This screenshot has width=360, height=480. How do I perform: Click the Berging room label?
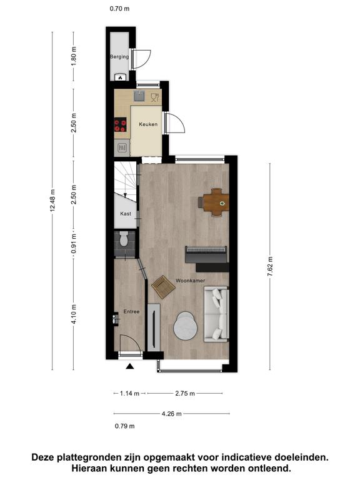[119, 57]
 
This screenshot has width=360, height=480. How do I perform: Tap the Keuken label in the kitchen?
[148, 124]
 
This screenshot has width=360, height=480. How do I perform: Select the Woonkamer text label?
[190, 281]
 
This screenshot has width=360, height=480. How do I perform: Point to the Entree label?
[131, 312]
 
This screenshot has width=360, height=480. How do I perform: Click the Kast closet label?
[126, 214]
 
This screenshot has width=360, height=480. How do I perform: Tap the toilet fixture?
[124, 239]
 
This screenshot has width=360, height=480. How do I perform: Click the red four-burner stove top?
[120, 125]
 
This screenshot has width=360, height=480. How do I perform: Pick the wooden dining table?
[216, 202]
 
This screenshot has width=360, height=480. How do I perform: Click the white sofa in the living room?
[216, 314]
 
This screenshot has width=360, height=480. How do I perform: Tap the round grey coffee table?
[185, 326]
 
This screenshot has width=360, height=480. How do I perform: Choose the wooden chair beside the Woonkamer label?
[164, 286]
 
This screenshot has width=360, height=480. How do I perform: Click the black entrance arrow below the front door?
[130, 366]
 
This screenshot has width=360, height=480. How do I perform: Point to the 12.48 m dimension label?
[52, 201]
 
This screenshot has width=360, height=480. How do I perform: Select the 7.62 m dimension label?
[270, 267]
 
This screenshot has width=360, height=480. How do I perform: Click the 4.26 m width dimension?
[171, 414]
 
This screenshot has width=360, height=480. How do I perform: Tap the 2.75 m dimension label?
[185, 393]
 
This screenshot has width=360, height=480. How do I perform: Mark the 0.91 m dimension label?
[74, 244]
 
